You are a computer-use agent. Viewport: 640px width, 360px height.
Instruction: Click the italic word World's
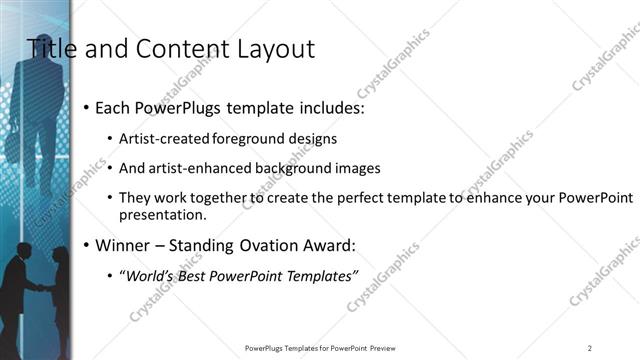click(x=149, y=277)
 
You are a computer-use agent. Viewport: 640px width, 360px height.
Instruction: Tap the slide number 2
click(x=590, y=348)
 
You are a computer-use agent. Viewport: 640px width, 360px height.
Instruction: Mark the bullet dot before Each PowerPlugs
click(x=87, y=107)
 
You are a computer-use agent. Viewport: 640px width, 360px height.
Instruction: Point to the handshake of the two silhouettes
click(x=37, y=288)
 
